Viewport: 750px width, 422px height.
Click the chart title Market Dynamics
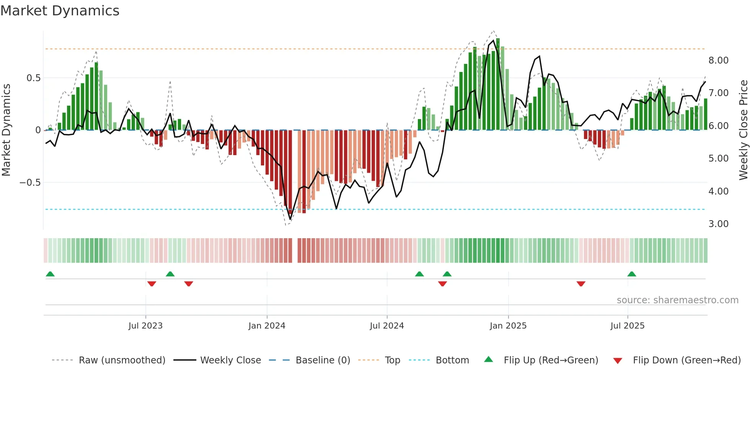point(60,11)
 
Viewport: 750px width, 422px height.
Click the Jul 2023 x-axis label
point(145,326)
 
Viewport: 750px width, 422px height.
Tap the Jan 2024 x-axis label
point(267,326)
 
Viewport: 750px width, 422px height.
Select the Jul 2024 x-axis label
point(387,326)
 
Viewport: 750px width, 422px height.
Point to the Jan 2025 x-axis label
point(508,326)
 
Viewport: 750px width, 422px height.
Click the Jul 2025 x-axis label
point(628,326)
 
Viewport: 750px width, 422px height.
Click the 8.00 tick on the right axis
point(718,61)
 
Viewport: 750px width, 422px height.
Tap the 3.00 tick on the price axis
point(718,224)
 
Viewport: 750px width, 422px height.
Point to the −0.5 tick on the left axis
point(30,183)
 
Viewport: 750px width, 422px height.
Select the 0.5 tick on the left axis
point(33,78)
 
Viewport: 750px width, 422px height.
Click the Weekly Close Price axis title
point(743,130)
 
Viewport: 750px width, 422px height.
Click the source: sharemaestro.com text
point(677,300)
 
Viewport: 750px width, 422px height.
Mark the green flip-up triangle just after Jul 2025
point(632,274)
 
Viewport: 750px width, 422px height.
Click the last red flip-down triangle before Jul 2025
point(581,284)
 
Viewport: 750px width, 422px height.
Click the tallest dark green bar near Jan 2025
point(498,84)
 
